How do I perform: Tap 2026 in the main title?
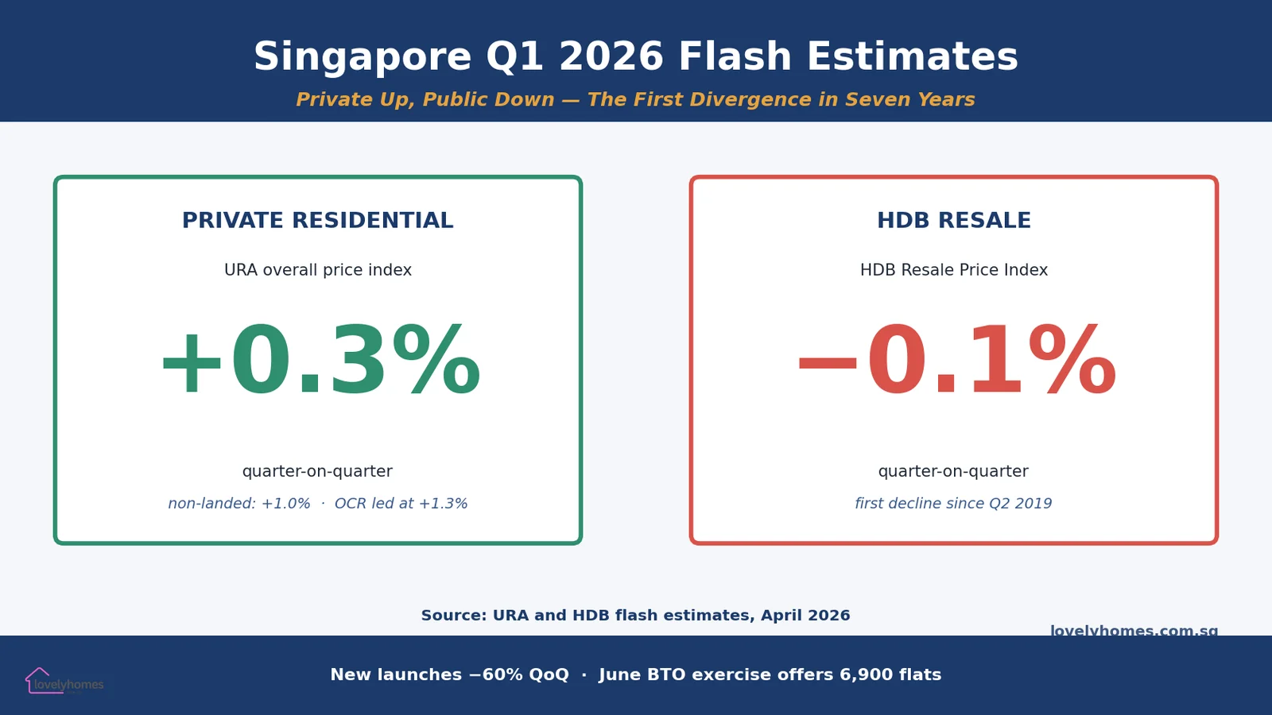611,57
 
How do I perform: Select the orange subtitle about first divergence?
635,99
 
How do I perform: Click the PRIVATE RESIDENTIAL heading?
317,220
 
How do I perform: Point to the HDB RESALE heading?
953,220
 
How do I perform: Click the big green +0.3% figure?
320,361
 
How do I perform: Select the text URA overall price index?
317,270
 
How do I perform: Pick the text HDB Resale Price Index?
953,270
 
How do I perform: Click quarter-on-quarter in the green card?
317,471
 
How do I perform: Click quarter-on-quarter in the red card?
953,471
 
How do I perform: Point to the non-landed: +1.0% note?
238,504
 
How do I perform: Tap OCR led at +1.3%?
401,504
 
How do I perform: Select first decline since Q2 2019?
953,504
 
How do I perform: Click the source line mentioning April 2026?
635,616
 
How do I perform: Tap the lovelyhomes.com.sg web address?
1134,630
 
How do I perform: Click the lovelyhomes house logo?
38,680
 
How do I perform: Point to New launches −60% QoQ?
449,674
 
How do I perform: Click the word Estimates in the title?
912,57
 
